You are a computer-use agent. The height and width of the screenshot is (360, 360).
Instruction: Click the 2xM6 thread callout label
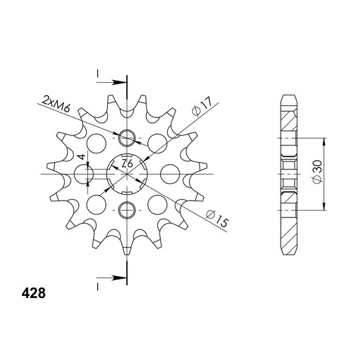[56, 104]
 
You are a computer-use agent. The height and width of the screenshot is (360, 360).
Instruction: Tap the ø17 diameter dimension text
[202, 106]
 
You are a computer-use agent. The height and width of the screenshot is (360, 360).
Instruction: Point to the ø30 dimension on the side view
[318, 171]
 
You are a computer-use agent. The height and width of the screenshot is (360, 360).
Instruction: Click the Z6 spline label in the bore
[127, 164]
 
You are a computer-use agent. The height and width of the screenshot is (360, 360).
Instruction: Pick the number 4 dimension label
[81, 157]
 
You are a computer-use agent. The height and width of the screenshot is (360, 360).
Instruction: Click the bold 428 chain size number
[33, 293]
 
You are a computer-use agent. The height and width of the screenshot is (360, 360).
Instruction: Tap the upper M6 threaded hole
[127, 138]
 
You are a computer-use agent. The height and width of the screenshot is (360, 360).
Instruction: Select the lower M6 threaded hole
[127, 210]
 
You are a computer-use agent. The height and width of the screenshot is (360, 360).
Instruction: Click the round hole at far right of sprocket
[170, 174]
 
